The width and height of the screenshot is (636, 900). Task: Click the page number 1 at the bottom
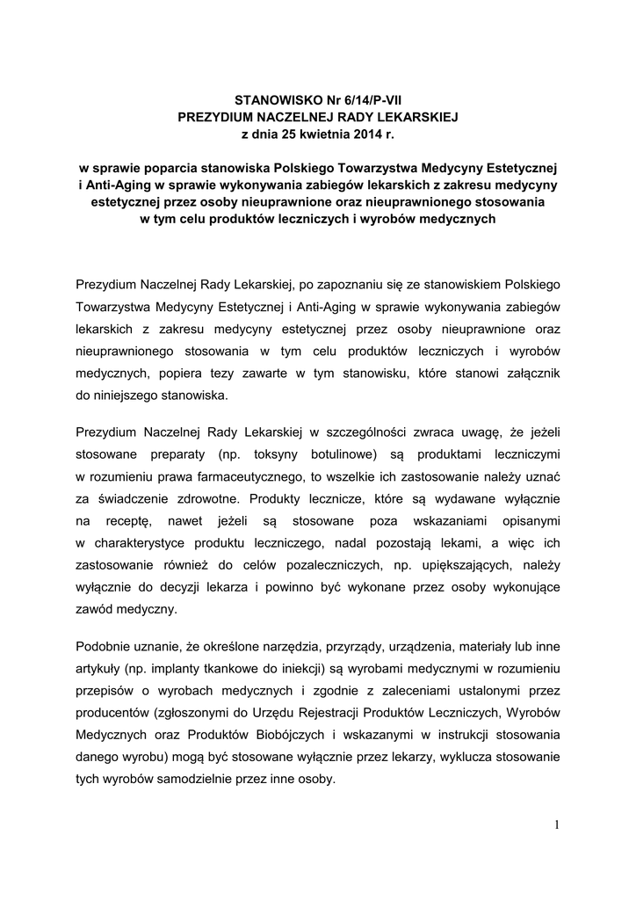pyautogui.click(x=557, y=824)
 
